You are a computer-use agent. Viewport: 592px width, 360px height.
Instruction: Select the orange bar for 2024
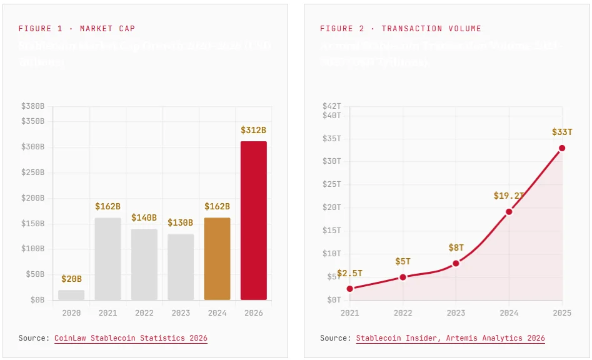[x=217, y=259]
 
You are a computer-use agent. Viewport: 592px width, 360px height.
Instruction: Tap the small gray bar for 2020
[x=71, y=294]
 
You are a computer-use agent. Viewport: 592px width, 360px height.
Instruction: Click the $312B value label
[x=253, y=131]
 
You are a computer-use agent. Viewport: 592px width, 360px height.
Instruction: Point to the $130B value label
[x=181, y=223]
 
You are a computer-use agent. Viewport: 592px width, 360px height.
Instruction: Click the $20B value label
[x=71, y=279]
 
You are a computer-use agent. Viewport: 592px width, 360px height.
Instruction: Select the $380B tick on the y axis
[x=33, y=106]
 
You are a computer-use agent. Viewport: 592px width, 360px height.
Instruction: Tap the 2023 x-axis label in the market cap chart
[x=181, y=312]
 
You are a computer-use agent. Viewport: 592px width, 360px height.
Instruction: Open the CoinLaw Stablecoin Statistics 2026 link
[x=131, y=338]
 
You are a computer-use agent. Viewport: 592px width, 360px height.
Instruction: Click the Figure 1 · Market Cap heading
[x=77, y=29]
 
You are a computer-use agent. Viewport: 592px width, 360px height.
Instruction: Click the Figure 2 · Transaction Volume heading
[x=401, y=29]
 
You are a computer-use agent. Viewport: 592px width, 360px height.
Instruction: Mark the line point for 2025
[x=562, y=148]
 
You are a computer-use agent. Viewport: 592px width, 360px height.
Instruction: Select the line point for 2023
[x=456, y=263]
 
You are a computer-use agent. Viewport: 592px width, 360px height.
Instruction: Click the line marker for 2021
[x=349, y=288]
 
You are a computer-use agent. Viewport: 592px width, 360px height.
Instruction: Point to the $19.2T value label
[x=508, y=196]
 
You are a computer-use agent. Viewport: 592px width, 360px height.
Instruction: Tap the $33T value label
[x=562, y=132]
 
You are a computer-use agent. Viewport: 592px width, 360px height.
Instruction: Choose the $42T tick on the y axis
[x=331, y=106]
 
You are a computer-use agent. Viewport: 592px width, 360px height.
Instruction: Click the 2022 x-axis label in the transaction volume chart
[x=403, y=312]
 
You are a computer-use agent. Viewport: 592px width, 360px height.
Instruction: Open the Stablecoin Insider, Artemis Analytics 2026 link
[x=450, y=338]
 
